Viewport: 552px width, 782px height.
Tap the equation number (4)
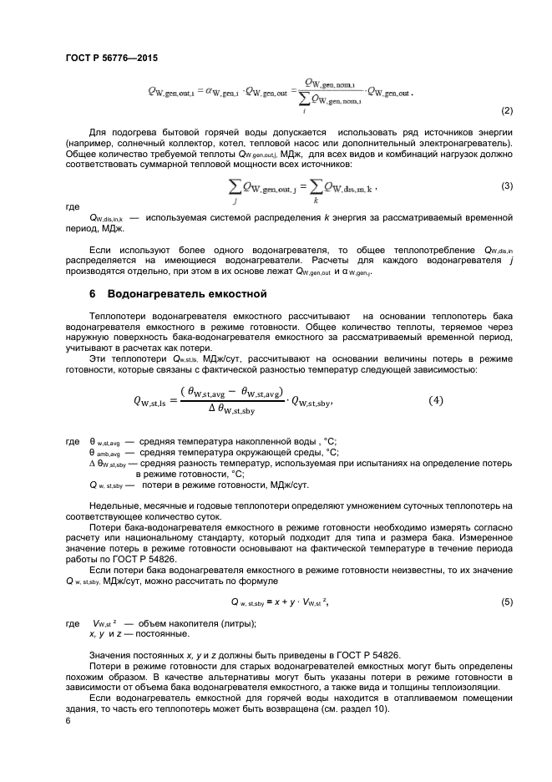pyautogui.click(x=436, y=400)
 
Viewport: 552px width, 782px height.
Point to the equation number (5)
pyautogui.click(x=506, y=602)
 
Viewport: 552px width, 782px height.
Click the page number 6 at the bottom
pyautogui.click(x=68, y=718)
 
